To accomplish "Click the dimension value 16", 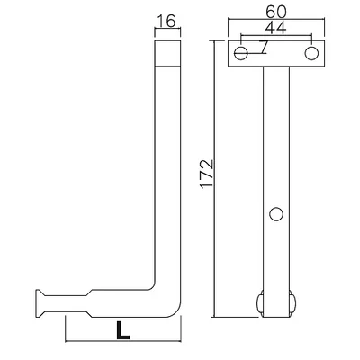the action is pos(166,21).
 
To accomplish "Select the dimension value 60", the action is pos(276,12).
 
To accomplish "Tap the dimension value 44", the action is pos(276,28).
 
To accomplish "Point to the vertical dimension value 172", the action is pos(207,174).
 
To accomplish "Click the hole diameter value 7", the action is pos(264,47).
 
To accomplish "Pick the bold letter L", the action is pos(123,330).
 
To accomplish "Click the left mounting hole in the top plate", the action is pos(241,53).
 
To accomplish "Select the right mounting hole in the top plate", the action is pos(311,53).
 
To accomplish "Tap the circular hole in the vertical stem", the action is pos(276,214).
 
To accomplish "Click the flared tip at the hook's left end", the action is pos(40,303).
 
